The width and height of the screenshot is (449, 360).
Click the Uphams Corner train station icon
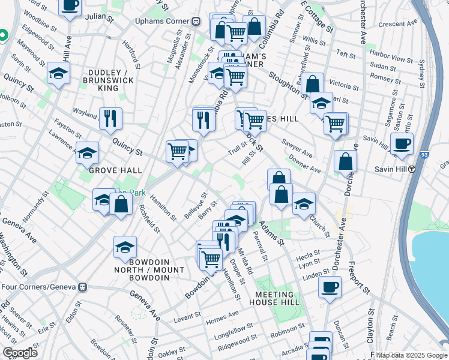pyautogui.click(x=196, y=21)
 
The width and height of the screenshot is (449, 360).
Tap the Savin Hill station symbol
pyautogui.click(x=412, y=169)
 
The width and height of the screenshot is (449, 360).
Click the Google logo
pyautogui.click(x=20, y=353)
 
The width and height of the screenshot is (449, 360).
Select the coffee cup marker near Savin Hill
pyautogui.click(x=402, y=144)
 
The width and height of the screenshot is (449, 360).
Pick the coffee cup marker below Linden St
pyautogui.click(x=330, y=287)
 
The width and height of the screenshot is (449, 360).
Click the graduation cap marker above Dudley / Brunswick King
pyautogui.click(x=58, y=73)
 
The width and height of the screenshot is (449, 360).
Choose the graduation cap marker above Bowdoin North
pyautogui.click(x=125, y=247)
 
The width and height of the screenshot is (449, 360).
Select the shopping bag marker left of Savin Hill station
pyautogui.click(x=346, y=160)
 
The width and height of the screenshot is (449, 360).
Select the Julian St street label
pyautogui.click(x=100, y=19)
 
